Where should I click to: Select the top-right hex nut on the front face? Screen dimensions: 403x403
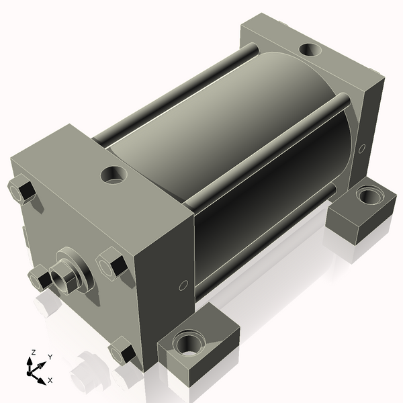tap(111, 262)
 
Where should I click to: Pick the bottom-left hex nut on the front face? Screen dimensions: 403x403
tap(39, 277)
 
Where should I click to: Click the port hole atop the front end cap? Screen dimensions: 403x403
tap(114, 175)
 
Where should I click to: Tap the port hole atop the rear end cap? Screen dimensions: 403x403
tap(310, 49)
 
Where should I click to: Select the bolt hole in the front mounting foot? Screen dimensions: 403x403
tap(185, 346)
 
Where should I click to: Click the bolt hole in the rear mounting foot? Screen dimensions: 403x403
tap(368, 195)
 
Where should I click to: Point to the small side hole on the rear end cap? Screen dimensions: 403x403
tap(363, 148)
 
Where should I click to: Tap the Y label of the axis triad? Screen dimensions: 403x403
tap(50, 357)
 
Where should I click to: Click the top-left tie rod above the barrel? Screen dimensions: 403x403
tap(175, 94)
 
